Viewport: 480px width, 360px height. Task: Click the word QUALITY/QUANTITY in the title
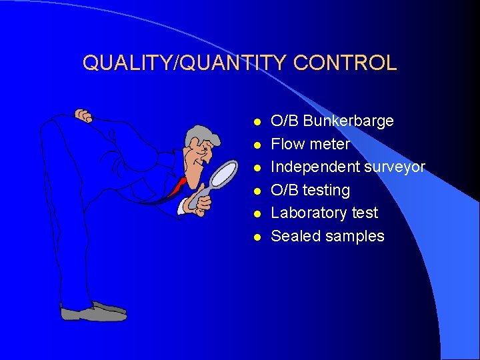coord(185,63)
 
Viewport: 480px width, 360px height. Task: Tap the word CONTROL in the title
coord(345,63)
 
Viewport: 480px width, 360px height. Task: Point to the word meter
coord(330,144)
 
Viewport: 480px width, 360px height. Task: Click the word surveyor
coord(395,167)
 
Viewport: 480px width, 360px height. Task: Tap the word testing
coord(326,191)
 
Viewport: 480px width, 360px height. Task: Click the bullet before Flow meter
coord(256,145)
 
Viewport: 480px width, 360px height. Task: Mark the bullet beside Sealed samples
coord(256,237)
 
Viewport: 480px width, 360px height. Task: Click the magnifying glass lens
coord(224,173)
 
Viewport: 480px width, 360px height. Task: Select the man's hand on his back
coord(83,116)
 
